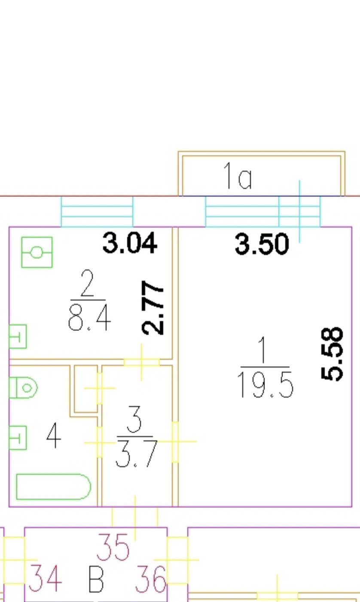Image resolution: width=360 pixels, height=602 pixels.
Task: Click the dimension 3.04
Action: tap(130, 243)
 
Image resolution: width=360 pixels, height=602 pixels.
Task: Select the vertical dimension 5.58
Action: tap(333, 354)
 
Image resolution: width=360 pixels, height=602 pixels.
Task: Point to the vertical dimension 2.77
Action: tap(153, 307)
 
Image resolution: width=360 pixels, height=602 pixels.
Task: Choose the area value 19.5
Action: tap(265, 385)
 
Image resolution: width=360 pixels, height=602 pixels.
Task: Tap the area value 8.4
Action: tap(89, 319)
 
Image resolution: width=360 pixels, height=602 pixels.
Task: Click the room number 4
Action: tap(53, 436)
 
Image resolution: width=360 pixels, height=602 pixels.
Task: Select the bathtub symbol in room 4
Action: tap(53, 487)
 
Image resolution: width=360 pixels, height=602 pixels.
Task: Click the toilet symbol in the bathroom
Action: tap(23, 388)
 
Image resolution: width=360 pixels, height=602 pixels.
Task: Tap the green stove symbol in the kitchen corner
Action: tap(37, 252)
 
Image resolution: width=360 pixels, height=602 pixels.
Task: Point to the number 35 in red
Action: tap(113, 547)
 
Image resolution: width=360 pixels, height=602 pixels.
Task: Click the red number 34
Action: tap(45, 578)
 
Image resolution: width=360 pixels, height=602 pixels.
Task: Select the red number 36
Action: tap(150, 579)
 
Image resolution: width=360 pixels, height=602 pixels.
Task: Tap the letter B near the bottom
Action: tap(96, 579)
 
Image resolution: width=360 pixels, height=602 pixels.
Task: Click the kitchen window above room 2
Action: tap(97, 212)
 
